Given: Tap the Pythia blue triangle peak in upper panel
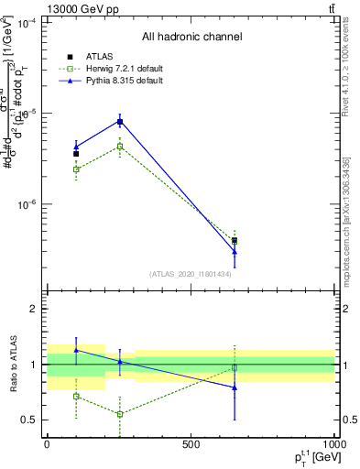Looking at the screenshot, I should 120,121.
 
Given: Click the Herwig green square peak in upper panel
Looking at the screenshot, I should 120,146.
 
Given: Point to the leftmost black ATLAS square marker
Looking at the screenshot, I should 76,154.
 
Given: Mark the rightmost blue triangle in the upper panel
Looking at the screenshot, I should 235,251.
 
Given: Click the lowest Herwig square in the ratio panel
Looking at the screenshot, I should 120,414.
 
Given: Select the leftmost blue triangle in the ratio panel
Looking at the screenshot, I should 76,350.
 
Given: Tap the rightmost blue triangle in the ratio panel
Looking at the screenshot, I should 235,387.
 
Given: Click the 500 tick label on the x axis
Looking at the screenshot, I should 191,444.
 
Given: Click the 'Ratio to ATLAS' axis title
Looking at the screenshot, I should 11,365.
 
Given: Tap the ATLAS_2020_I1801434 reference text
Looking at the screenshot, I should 191,274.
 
